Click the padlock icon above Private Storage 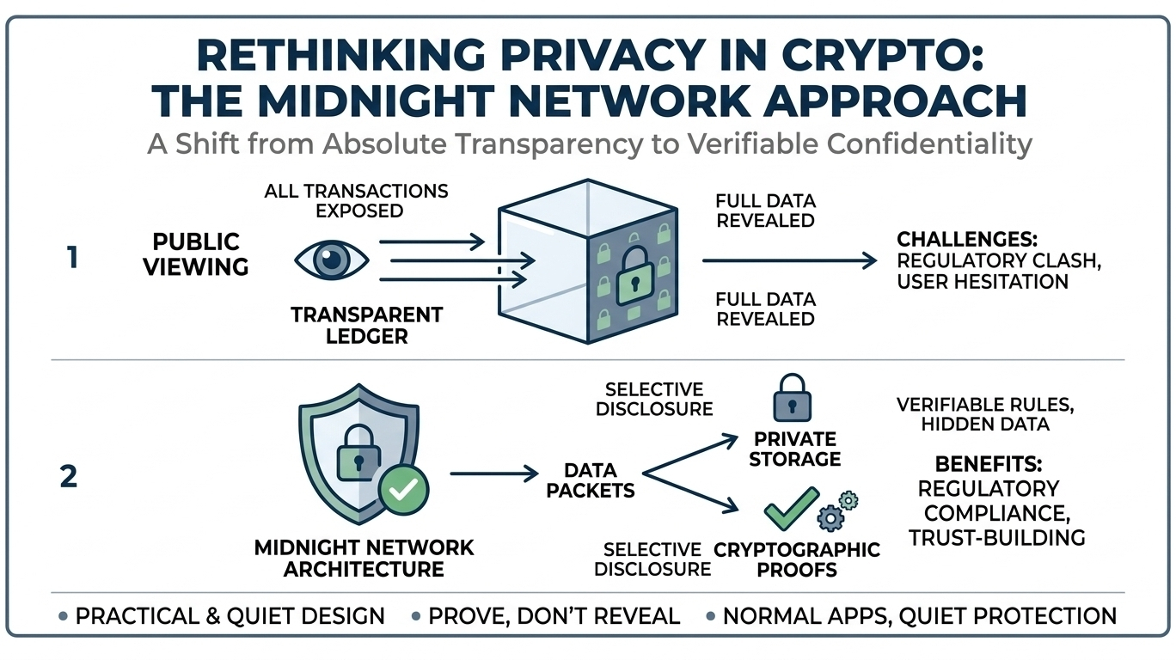792,397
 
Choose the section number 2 69,476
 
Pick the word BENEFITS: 989,464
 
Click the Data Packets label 591,480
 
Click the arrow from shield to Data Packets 494,473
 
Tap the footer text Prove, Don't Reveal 554,615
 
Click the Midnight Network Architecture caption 364,558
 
